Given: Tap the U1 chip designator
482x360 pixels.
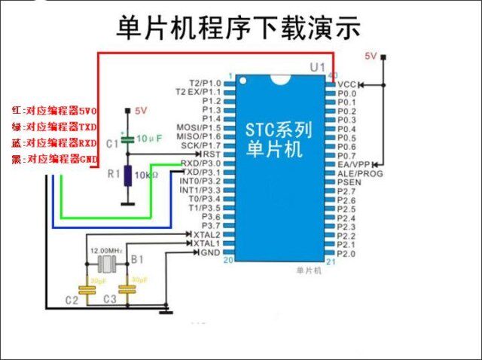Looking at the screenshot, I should tap(317, 68).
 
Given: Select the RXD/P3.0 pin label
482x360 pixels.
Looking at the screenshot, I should tap(201, 163).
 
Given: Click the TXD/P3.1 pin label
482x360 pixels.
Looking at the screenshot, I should tap(201, 172).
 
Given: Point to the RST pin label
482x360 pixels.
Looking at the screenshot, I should tap(212, 154).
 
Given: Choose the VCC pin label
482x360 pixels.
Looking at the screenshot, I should tap(346, 84).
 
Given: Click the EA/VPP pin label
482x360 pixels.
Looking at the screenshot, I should tap(353, 164).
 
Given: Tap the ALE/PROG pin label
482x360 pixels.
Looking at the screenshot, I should tap(360, 173).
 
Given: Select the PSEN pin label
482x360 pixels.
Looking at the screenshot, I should tap(349, 182).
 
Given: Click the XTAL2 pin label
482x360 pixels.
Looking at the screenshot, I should tap(208, 234).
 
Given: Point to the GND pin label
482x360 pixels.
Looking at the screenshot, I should tap(211, 252).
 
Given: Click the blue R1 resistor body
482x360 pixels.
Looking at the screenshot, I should tap(127, 175).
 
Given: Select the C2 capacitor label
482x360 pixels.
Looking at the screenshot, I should tap(72, 301).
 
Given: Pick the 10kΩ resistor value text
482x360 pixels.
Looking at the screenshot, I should tap(147, 175).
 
